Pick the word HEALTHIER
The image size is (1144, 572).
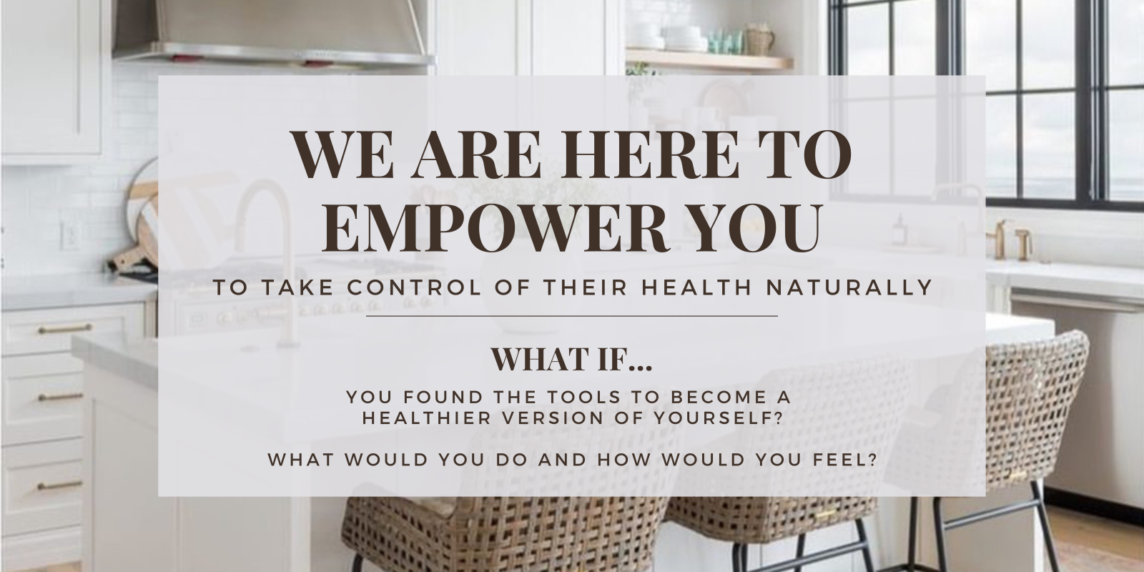pos(427,418)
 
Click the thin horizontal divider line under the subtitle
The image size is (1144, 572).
pos(572,316)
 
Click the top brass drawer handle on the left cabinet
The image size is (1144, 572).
pos(65,329)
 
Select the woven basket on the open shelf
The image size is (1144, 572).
pos(761,39)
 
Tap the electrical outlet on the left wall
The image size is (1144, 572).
pos(71,235)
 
